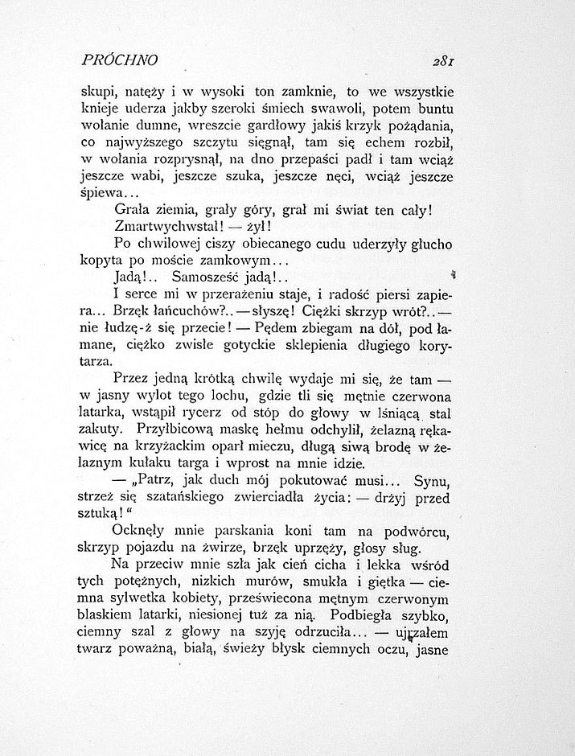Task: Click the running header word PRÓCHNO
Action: (119, 60)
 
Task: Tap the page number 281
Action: (443, 60)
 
